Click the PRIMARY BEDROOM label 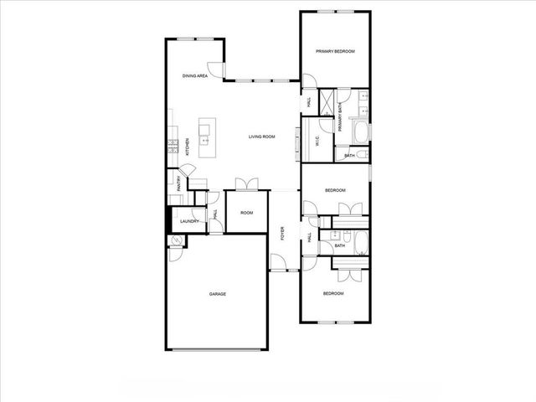pos(335,51)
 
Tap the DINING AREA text pos(195,76)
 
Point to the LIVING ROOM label pos(262,137)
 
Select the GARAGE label pos(218,294)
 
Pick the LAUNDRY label pos(190,221)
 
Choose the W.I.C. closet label pos(307,142)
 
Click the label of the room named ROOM pos(247,213)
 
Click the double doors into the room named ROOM pos(246,184)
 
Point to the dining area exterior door pos(216,70)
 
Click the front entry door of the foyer pos(278,267)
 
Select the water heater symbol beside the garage pos(176,240)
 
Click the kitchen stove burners pos(173,146)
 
